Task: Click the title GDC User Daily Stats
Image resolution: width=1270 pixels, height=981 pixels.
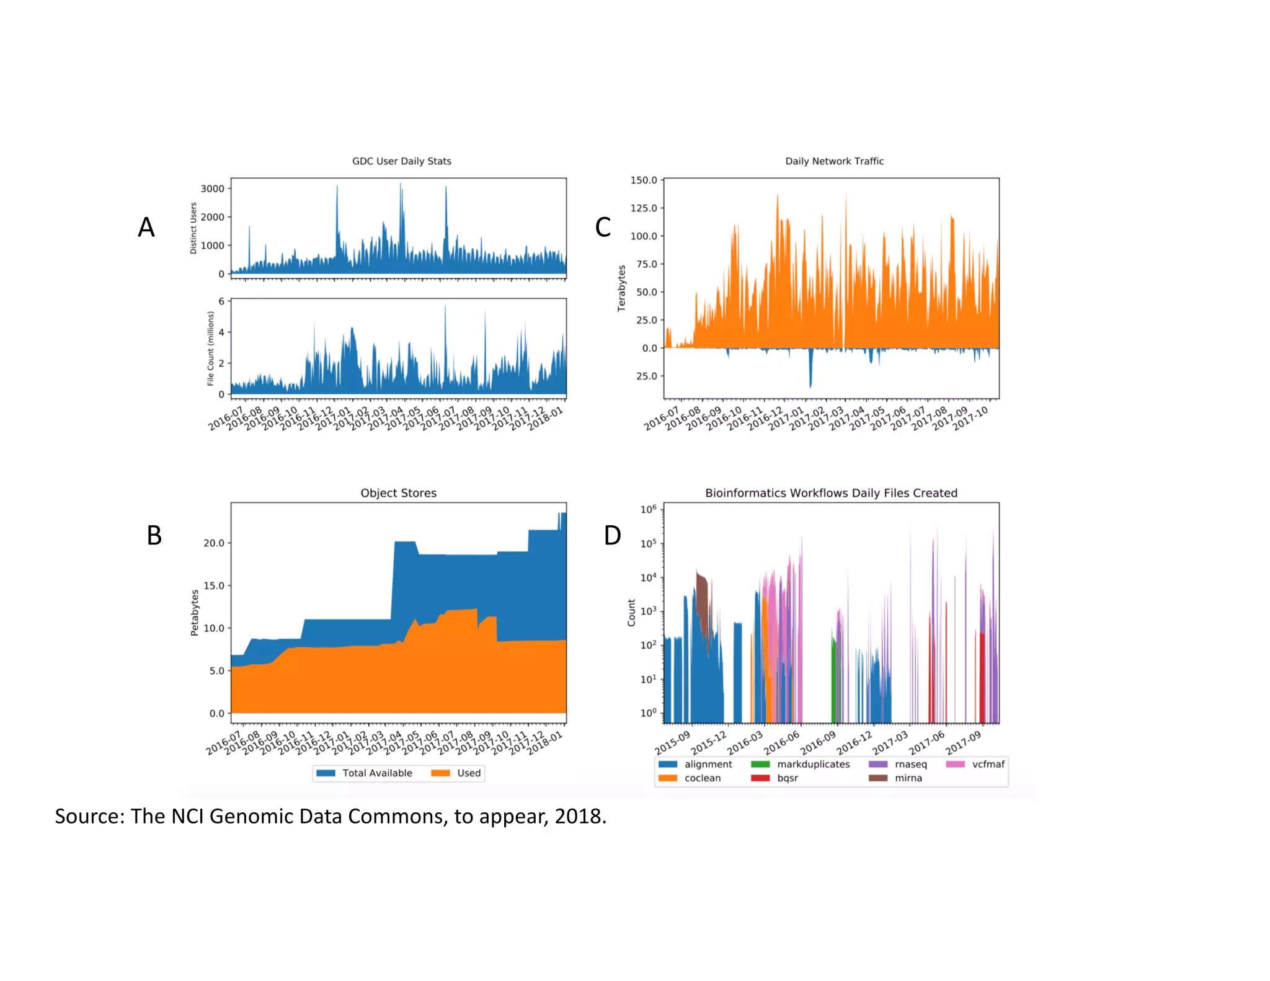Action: point(401,161)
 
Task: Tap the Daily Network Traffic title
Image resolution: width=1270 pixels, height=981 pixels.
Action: point(834,161)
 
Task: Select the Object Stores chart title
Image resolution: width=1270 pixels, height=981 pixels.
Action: point(398,493)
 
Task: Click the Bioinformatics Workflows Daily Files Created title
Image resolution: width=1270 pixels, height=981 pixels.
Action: point(831,493)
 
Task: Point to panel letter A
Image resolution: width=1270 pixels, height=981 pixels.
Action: point(146,228)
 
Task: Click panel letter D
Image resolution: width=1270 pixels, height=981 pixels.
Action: point(612,536)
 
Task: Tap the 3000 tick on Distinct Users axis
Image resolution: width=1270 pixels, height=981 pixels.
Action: point(212,189)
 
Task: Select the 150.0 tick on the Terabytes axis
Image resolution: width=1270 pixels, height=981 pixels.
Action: point(643,180)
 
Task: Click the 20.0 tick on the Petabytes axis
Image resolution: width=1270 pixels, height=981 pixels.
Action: point(213,543)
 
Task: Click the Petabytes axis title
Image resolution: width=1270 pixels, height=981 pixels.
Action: point(195,613)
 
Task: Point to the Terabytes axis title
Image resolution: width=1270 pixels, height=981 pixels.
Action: point(621,288)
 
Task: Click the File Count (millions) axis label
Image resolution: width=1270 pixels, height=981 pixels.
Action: point(210,348)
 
